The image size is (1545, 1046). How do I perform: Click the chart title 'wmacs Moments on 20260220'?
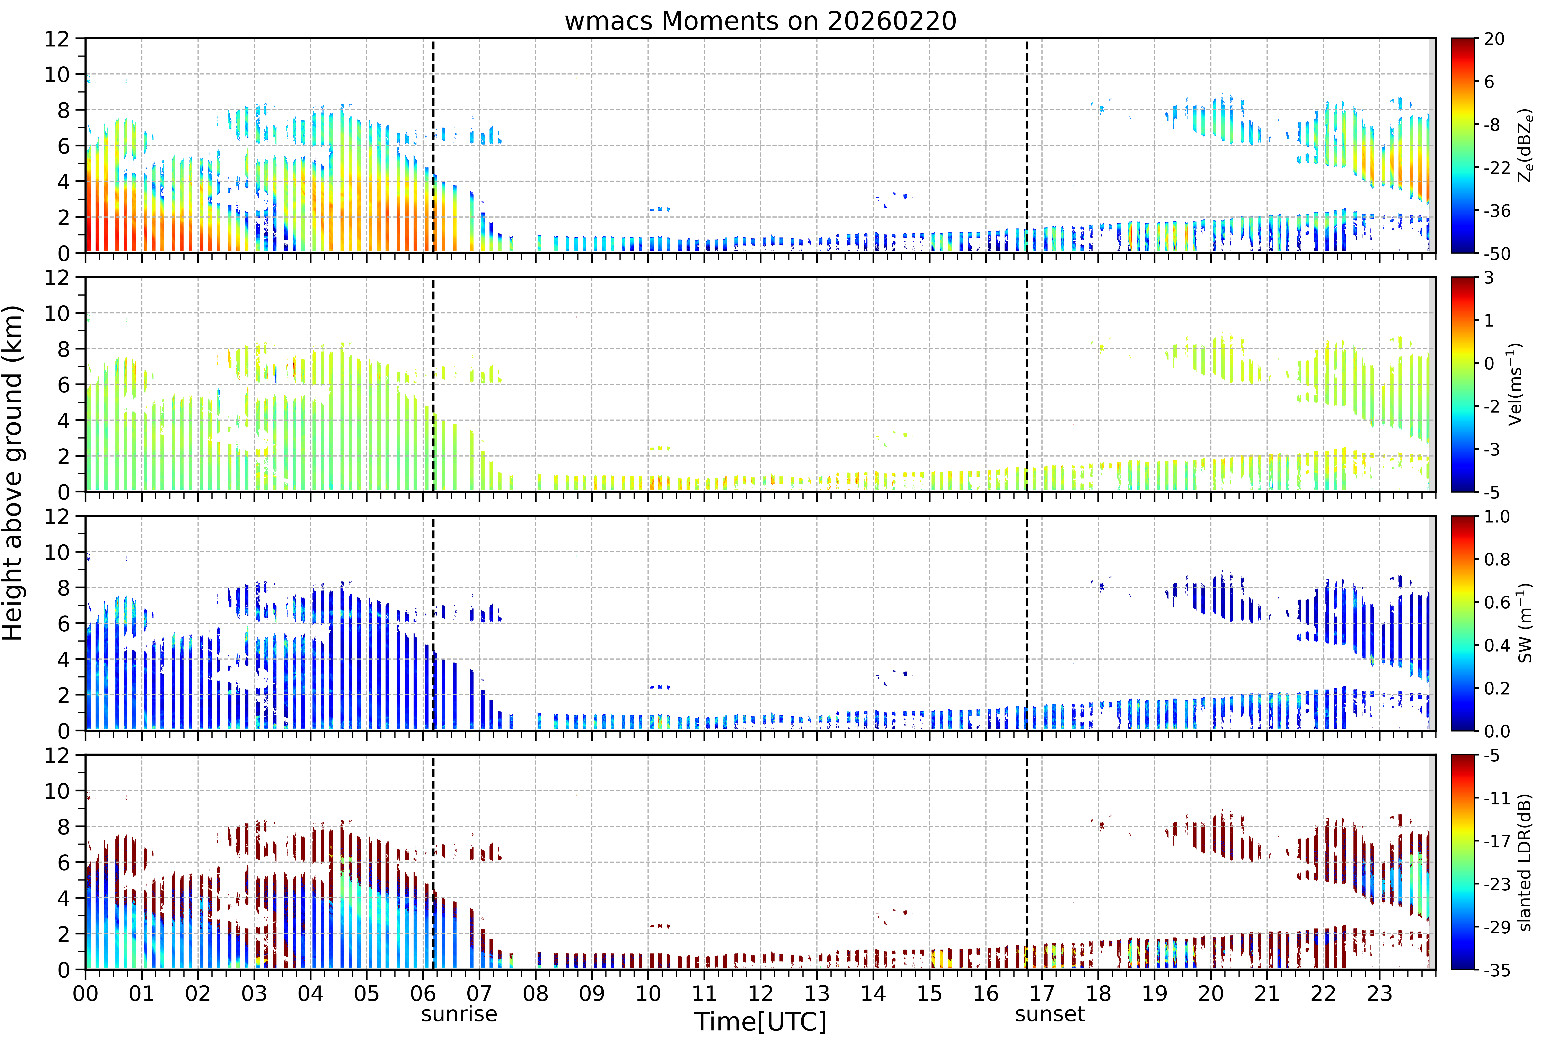point(761,21)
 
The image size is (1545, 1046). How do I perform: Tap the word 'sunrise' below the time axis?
point(459,1014)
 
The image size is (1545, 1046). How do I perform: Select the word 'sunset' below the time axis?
point(1050,1014)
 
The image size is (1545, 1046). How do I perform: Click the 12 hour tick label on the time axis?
point(761,993)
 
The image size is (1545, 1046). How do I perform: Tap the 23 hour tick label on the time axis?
point(1379,993)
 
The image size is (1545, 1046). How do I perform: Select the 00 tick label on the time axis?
point(86,993)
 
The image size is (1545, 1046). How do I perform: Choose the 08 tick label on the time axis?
point(536,993)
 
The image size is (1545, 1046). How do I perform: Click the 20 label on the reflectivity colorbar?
point(1494,39)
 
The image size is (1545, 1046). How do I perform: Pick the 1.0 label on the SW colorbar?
point(1497,517)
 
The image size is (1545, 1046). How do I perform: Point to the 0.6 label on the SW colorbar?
point(1497,603)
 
